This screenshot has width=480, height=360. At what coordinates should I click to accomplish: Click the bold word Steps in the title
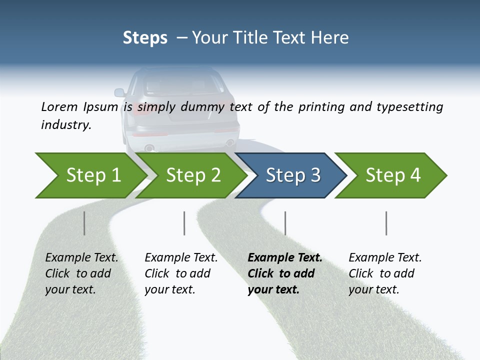tap(145, 38)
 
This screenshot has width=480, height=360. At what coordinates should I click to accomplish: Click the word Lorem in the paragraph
tap(59, 106)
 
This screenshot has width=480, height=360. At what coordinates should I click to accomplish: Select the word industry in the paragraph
tap(65, 125)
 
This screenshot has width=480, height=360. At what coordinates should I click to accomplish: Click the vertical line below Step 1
tap(84, 223)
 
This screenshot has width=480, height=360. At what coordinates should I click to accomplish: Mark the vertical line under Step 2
tap(184, 223)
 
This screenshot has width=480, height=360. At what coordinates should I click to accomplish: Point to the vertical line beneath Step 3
tap(285, 223)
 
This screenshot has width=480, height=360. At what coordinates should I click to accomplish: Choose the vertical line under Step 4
tap(386, 223)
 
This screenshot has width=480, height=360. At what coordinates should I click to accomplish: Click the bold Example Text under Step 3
tap(285, 258)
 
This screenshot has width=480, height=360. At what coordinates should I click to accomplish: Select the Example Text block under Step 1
tap(81, 273)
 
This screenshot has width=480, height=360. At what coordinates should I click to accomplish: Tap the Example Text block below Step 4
tap(385, 273)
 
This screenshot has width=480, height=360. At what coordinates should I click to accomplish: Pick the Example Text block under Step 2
tap(181, 273)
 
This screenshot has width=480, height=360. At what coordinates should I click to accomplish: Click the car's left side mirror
tap(119, 92)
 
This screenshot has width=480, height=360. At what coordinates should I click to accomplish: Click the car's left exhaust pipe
tap(148, 148)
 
